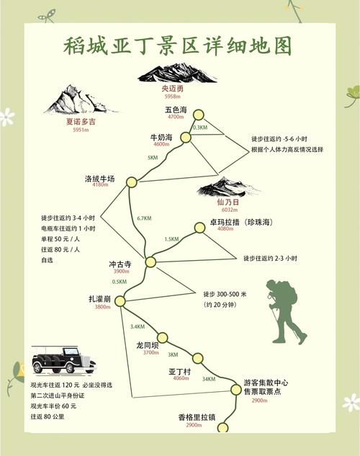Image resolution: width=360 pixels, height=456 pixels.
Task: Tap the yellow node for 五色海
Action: pyautogui.click(x=198, y=115)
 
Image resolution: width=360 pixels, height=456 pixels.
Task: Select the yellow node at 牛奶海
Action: pyautogui.click(x=186, y=137)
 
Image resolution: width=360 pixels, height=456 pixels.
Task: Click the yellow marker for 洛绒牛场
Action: pyautogui.click(x=131, y=182)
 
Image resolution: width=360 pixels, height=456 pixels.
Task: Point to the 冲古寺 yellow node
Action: pyautogui.click(x=150, y=262)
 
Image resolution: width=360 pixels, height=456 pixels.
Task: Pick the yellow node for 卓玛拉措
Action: pyautogui.click(x=200, y=228)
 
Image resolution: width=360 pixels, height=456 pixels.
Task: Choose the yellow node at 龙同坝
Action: pyautogui.click(x=162, y=337)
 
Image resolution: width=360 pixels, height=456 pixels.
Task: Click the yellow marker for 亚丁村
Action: pyautogui.click(x=198, y=357)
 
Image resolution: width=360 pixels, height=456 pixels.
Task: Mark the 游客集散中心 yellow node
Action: pyautogui.click(x=235, y=389)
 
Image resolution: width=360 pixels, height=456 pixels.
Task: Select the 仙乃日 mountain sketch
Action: pyautogui.click(x=227, y=187)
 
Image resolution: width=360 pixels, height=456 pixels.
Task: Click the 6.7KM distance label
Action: pyautogui.click(x=144, y=218)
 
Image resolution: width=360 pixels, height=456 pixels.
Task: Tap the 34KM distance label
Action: pyautogui.click(x=209, y=379)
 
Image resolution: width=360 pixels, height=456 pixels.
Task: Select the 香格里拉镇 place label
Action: pyautogui.click(x=194, y=416)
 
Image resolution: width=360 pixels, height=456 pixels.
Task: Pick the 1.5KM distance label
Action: pyautogui.click(x=171, y=239)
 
